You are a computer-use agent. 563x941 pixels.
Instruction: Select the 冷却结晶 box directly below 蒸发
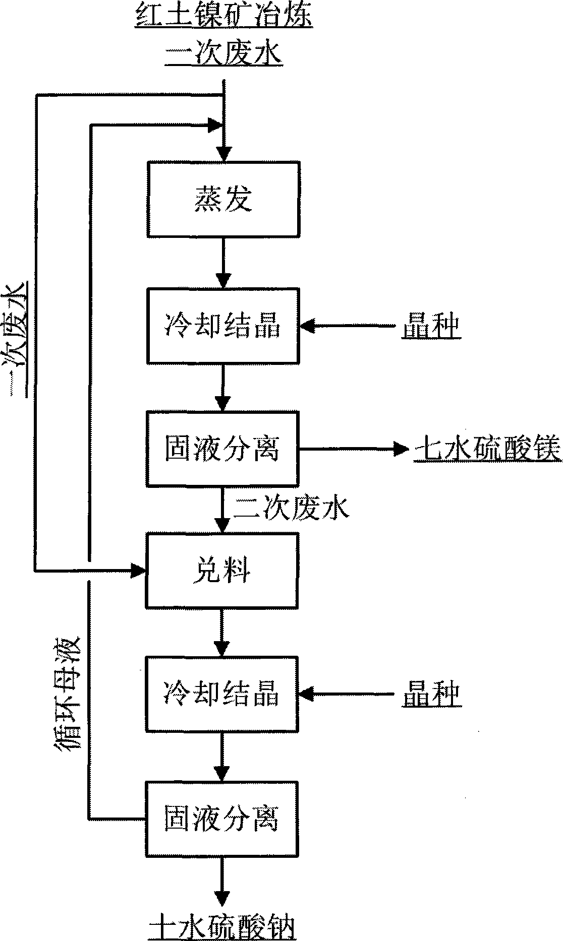[222, 326]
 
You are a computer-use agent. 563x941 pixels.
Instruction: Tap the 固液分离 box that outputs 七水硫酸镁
[222, 449]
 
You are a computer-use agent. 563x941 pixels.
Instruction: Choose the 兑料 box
[222, 571]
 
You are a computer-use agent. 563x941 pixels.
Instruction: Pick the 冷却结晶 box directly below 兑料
[222, 694]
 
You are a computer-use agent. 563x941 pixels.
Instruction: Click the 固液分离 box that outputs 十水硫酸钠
[222, 818]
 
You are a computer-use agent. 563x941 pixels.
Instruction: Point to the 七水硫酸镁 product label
[487, 449]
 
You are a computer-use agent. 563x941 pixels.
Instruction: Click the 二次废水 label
[291, 510]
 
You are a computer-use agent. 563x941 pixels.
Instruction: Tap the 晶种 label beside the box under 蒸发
[430, 327]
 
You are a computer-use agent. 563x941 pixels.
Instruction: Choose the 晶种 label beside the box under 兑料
[430, 695]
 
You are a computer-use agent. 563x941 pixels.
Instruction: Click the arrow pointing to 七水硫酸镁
[353, 447]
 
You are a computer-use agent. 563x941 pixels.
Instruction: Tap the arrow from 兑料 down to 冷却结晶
[222, 635]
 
